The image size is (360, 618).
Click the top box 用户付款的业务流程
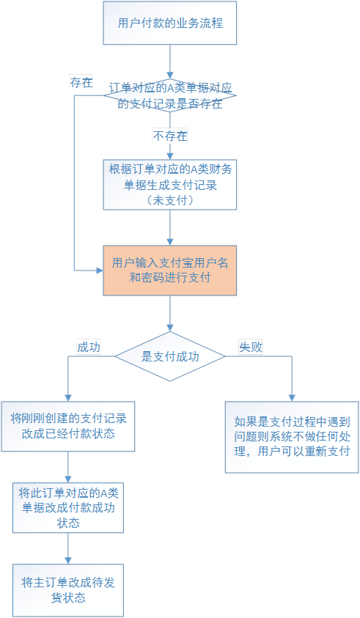[x=170, y=23]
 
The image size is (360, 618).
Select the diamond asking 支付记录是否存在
[x=170, y=95]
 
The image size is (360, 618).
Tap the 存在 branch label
[x=81, y=82]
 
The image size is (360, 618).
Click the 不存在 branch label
[x=170, y=136]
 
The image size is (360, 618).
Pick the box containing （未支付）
[x=170, y=185]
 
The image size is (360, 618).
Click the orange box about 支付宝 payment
[x=170, y=271]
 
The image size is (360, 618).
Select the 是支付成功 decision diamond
[x=170, y=356]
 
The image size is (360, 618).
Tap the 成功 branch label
[x=88, y=347]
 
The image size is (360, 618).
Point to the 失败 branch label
[x=251, y=347]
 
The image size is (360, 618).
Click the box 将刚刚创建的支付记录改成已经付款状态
[x=68, y=427]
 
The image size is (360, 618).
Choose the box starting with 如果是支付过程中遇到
[x=292, y=437]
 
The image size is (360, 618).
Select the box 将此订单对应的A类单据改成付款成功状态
[x=68, y=507]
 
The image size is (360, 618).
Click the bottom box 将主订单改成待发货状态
[x=68, y=590]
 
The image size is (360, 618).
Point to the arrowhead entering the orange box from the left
[x=100, y=271]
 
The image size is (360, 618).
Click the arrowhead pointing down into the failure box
[x=292, y=398]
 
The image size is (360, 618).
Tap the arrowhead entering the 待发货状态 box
[x=68, y=561]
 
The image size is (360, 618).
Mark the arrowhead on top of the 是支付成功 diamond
[x=170, y=328]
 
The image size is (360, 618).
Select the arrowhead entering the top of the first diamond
[x=170, y=76]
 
